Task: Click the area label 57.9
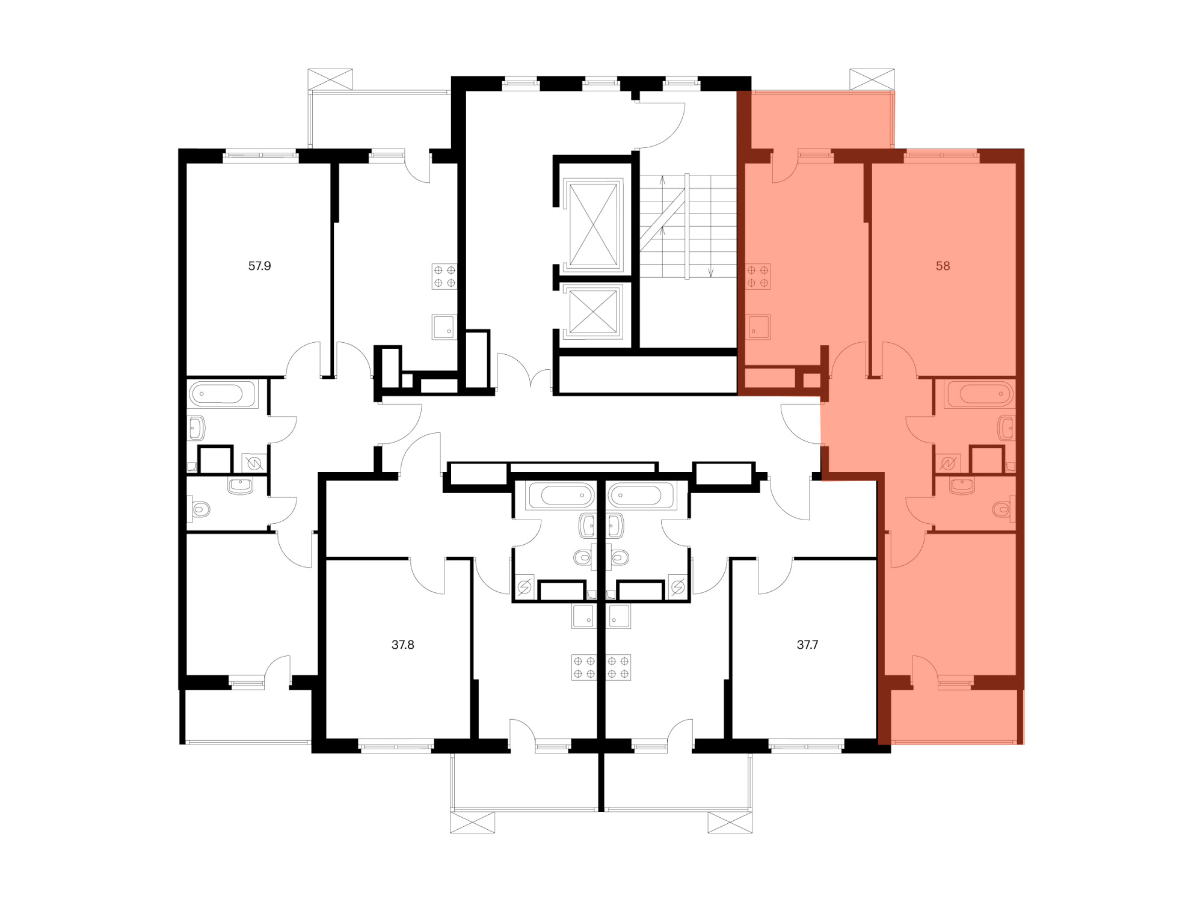pos(259,266)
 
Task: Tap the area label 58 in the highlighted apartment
pos(943,266)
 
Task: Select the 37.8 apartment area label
pos(402,645)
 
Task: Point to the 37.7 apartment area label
pos(807,645)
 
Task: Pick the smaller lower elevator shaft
pos(593,311)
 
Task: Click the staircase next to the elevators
pos(688,226)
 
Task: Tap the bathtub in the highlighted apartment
pos(980,394)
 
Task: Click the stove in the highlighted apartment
pos(758,277)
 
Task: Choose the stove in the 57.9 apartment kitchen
pos(445,277)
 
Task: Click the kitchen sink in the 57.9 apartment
pos(445,327)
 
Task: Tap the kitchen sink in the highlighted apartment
pos(758,327)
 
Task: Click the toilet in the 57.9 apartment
pos(200,510)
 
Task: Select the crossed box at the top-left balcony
pos(330,79)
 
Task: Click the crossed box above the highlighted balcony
pos(872,79)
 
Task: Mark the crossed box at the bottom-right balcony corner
pos(730,822)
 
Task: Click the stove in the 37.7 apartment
pos(618,667)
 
